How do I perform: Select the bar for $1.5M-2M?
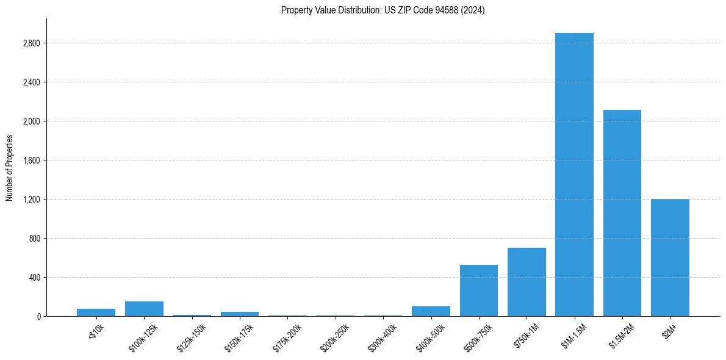point(622,213)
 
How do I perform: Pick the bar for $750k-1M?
point(527,282)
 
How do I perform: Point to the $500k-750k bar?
point(479,290)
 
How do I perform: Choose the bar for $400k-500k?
point(431,311)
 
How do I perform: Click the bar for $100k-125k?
point(144,309)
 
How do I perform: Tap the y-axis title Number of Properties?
point(9,168)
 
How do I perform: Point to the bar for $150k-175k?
point(240,314)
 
